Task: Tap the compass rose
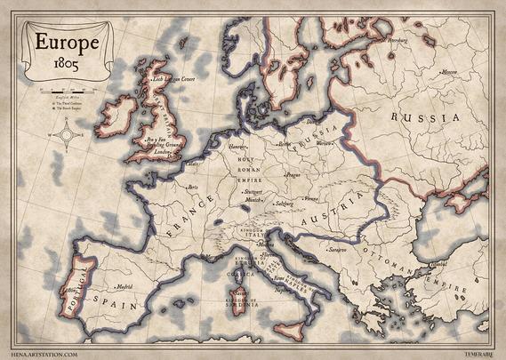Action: coord(64,137)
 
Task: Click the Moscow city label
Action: coord(449,72)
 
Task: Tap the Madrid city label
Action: coord(124,286)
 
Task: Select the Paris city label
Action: coord(192,188)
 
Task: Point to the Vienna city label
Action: coord(311,198)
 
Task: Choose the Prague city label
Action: coord(294,175)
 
